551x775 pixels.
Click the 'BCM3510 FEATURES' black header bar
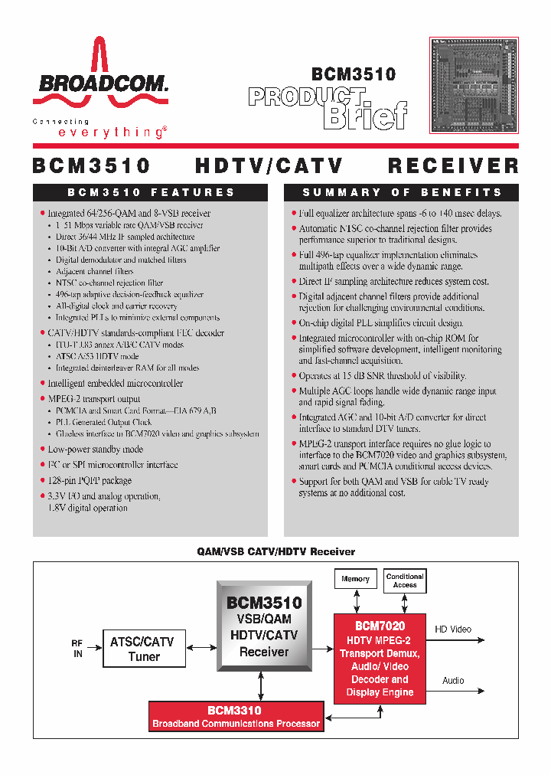pyautogui.click(x=150, y=192)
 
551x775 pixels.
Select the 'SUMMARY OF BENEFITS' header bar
pyautogui.click(x=401, y=192)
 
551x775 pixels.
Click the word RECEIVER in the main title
pyautogui.click(x=453, y=165)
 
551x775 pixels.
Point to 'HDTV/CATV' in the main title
pyautogui.click(x=269, y=165)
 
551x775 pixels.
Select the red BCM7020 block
pyautogui.click(x=380, y=658)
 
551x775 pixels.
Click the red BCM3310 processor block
pyautogui.click(x=236, y=716)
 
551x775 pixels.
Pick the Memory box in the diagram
pyautogui.click(x=355, y=580)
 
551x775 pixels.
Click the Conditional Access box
pyautogui.click(x=405, y=580)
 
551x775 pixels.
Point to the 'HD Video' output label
pyautogui.click(x=454, y=629)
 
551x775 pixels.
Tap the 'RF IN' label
pyautogui.click(x=77, y=649)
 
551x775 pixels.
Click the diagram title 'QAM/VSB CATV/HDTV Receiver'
pyautogui.click(x=275, y=551)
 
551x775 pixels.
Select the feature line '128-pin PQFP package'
pyautogui.click(x=90, y=481)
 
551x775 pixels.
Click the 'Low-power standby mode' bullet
pyautogui.click(x=96, y=450)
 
